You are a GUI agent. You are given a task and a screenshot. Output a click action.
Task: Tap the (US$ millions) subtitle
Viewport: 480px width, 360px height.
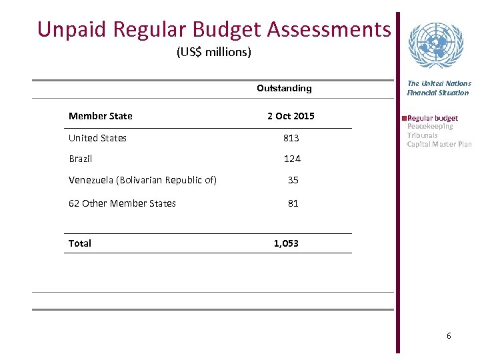click(213, 52)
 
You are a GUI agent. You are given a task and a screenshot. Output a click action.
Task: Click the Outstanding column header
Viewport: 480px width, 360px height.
click(284, 88)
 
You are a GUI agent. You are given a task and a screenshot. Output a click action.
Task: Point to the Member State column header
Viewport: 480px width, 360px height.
click(100, 116)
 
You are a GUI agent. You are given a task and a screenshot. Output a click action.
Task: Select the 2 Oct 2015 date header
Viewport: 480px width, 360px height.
click(291, 116)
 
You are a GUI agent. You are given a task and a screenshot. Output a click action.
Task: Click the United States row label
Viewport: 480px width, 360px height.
click(97, 138)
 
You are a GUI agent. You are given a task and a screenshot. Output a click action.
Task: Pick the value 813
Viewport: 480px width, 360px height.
click(291, 139)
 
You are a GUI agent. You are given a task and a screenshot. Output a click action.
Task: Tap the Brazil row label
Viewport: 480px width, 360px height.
click(80, 159)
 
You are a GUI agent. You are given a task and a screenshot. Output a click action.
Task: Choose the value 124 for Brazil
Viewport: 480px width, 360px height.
click(291, 159)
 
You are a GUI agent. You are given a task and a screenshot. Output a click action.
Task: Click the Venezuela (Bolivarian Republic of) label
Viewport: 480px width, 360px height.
click(143, 180)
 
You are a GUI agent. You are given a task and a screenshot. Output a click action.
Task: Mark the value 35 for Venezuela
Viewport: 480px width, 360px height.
click(293, 180)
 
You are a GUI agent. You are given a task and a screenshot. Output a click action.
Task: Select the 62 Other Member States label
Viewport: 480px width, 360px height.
click(122, 203)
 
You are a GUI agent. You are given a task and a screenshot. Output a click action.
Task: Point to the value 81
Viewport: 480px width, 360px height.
click(293, 203)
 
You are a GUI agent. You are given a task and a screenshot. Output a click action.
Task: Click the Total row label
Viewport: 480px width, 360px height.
click(79, 243)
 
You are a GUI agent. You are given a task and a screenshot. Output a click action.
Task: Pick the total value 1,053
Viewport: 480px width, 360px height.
click(286, 243)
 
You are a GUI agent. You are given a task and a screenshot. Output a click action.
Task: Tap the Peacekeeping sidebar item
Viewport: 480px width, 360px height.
click(430, 126)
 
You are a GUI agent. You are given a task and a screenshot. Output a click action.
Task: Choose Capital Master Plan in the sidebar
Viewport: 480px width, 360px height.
click(439, 144)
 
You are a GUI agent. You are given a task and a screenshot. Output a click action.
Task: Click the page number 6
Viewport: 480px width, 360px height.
click(449, 336)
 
